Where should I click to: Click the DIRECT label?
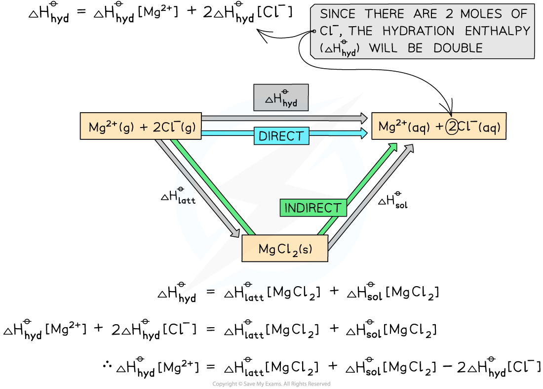pos(281,136)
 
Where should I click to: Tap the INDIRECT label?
pos(313,208)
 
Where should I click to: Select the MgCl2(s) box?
pos(285,249)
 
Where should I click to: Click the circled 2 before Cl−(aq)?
pos(452,127)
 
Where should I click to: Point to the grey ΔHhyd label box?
pos(280,98)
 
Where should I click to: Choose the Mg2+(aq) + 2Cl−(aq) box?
pos(439,127)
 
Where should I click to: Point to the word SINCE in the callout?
pos(337,14)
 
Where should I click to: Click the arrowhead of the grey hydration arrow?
pos(363,118)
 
